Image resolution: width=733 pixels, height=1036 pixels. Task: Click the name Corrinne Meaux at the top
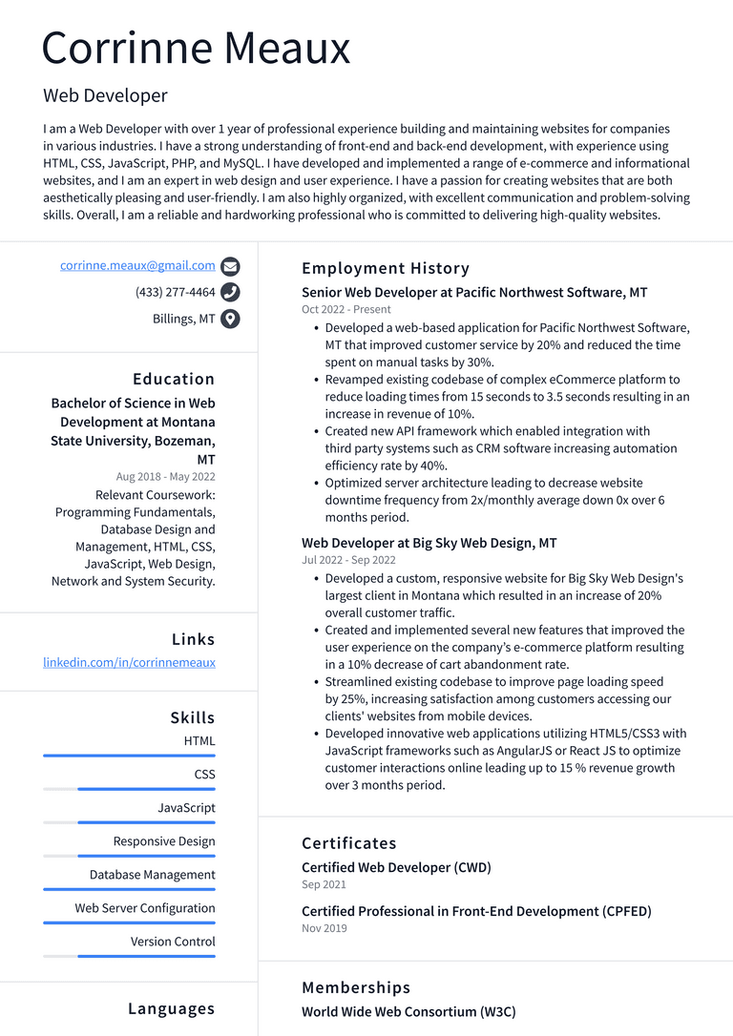point(196,48)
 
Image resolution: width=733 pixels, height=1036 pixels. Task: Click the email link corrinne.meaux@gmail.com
point(137,265)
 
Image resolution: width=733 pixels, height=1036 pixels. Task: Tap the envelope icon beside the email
point(230,266)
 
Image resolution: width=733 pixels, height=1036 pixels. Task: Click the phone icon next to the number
point(230,292)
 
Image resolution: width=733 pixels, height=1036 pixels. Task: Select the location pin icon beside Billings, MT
point(230,319)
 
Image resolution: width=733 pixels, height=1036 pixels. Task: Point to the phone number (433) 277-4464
point(176,292)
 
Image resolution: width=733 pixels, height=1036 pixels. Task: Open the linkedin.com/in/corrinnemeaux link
point(129,662)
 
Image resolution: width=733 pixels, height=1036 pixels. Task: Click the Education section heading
point(174,379)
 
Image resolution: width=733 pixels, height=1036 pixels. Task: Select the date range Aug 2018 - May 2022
point(165,477)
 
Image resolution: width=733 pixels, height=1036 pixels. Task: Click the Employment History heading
point(386,268)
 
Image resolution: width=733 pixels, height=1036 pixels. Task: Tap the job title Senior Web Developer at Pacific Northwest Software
point(474,293)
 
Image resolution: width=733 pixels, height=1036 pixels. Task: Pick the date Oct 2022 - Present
point(346,310)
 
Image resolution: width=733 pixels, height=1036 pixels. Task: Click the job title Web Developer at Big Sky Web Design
point(429,543)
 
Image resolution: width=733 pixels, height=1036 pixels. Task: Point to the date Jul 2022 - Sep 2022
point(348,560)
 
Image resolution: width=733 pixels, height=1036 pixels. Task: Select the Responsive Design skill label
point(164,841)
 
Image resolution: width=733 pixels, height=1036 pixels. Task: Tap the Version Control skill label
point(173,942)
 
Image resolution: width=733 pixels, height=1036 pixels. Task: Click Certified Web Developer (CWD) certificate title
point(396,867)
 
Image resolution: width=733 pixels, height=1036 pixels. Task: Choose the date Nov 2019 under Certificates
point(325,928)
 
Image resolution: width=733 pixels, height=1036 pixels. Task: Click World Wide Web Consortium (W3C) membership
point(408,1011)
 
